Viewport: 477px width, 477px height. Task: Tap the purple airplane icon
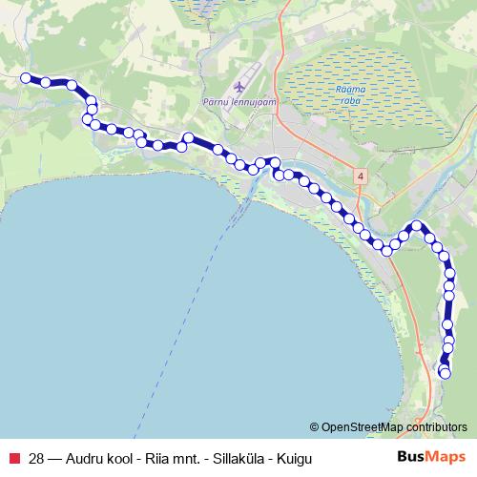click(x=235, y=84)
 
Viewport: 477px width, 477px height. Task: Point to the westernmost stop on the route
click(x=26, y=78)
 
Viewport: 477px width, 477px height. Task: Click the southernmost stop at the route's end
click(x=444, y=372)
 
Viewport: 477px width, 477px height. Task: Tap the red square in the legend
click(x=14, y=458)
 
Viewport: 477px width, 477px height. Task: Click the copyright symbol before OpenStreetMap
click(x=315, y=426)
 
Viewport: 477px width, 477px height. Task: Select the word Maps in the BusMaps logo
click(x=442, y=457)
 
